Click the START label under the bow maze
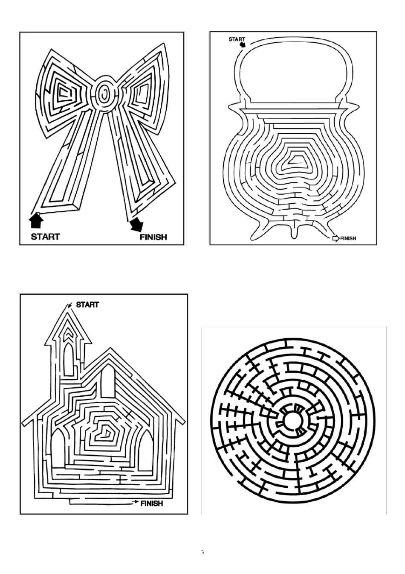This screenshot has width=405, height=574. (x=45, y=236)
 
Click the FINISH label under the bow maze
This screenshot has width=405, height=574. (x=153, y=237)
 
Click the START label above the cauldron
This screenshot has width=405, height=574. (x=237, y=39)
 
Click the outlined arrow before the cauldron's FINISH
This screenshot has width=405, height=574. (x=335, y=238)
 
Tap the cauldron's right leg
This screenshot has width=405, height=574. (x=328, y=226)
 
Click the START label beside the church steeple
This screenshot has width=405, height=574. (x=87, y=305)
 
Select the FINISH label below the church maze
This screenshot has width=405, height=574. (x=151, y=504)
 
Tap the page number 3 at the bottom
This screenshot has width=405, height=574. (x=202, y=553)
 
